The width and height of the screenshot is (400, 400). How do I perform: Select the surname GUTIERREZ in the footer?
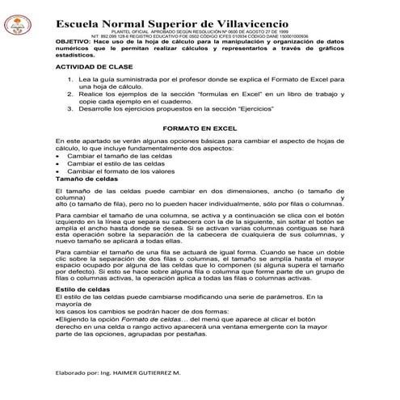pos(163,374)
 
